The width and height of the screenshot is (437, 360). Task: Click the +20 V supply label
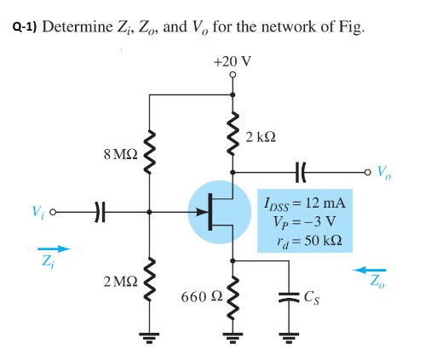233,61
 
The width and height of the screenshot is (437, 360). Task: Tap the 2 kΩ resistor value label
261,136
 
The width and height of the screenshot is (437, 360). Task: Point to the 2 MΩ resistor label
118,282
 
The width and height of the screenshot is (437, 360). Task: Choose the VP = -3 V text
306,223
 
